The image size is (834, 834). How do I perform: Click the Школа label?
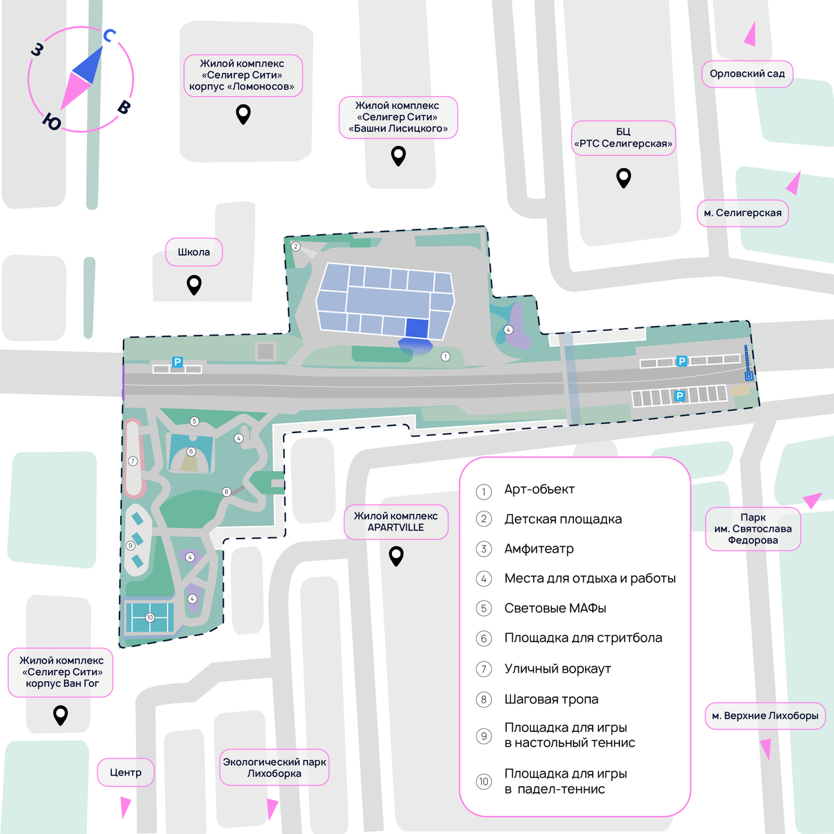coord(194,252)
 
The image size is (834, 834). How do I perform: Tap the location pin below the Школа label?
coord(194,285)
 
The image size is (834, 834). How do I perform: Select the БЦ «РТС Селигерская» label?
coord(623,138)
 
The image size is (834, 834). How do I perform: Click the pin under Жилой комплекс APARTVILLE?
coord(396,556)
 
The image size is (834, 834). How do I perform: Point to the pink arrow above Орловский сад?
coord(751,35)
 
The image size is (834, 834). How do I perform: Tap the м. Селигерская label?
coord(743,213)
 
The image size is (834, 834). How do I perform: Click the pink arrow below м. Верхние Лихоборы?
coord(765,749)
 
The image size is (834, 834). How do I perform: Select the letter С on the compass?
coord(109,35)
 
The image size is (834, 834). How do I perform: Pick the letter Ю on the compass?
coord(52,122)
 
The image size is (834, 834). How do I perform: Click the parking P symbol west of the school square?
coord(177,362)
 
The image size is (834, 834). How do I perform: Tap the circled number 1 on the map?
coord(445,357)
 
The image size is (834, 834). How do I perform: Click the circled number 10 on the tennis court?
coord(149,617)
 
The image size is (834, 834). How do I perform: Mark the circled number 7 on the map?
coord(133,461)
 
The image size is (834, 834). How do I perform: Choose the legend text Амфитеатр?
coord(539,549)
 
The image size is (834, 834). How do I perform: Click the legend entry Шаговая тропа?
coord(551,699)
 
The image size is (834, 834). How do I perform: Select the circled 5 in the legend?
coord(484,609)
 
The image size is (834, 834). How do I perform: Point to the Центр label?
coord(126,773)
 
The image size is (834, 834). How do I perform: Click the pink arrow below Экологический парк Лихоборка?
coord(272,808)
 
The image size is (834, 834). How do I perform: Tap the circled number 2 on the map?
coord(295,246)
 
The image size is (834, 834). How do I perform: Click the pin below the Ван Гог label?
coord(60,715)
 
